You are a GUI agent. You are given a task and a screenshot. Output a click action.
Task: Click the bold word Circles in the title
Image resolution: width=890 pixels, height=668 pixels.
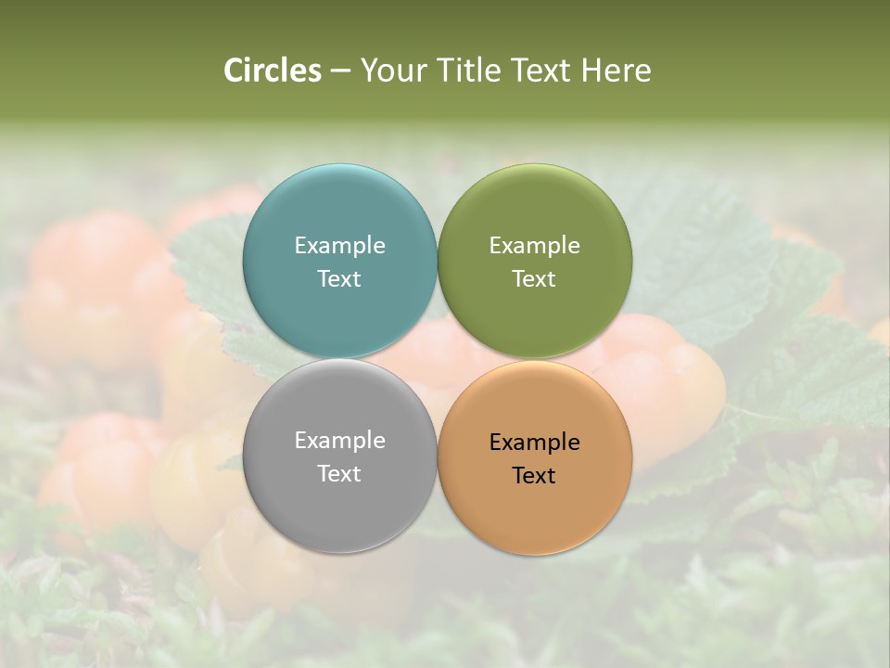pos(273,71)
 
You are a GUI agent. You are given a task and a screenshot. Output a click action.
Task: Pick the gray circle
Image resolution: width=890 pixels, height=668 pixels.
pos(339,501)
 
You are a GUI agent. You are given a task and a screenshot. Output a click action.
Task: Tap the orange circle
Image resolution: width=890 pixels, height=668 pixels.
pos(535,506)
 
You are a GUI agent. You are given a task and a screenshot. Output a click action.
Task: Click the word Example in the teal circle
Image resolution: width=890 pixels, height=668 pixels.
pos(339,246)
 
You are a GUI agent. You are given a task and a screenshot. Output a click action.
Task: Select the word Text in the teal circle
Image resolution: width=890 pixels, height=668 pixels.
pos(339,279)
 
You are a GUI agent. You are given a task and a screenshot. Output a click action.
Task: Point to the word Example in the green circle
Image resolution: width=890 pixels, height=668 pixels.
pos(535,246)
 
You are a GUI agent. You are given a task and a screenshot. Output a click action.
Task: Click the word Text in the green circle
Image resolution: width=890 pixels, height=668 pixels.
pos(535,279)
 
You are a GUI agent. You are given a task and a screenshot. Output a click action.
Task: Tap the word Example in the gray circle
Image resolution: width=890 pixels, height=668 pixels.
pos(339,441)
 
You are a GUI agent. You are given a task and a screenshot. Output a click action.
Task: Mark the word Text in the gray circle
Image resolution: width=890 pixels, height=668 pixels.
pos(339,474)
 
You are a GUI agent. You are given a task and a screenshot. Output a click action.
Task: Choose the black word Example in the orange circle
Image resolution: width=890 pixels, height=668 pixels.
pos(535,443)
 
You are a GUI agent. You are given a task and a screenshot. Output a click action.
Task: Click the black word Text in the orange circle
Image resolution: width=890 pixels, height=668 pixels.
pos(535,476)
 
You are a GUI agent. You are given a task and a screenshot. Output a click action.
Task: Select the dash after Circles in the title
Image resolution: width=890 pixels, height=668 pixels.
pos(340,71)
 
